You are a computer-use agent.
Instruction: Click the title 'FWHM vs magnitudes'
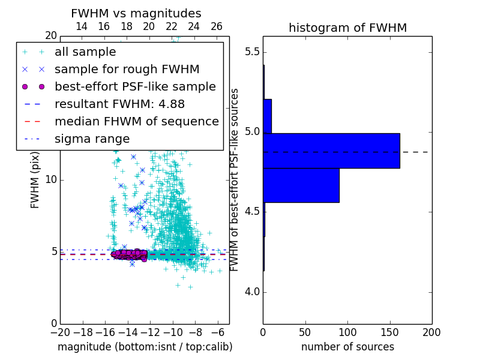136,14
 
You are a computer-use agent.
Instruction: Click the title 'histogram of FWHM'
347,28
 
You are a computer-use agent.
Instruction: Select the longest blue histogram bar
331,151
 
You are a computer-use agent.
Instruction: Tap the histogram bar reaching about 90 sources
301,185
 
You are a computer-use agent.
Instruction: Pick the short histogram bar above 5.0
267,116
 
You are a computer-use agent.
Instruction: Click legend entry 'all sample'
85,52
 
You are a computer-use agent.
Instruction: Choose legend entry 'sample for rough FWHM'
127,69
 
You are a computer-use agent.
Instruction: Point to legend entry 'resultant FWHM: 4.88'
120,104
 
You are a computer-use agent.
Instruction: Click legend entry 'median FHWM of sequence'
137,121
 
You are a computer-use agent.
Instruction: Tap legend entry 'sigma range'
92,139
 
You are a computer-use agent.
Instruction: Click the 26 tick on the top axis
217,26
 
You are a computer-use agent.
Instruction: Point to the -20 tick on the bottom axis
60,332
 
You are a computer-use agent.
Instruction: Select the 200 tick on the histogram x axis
431,332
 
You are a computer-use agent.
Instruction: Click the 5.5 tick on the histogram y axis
252,52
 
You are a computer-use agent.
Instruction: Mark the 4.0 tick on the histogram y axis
252,292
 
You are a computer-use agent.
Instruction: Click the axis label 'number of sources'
347,347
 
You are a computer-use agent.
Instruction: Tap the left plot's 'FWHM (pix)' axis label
35,179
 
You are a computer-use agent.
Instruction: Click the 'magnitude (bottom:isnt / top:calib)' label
145,347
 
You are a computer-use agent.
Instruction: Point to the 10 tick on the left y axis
52,180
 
